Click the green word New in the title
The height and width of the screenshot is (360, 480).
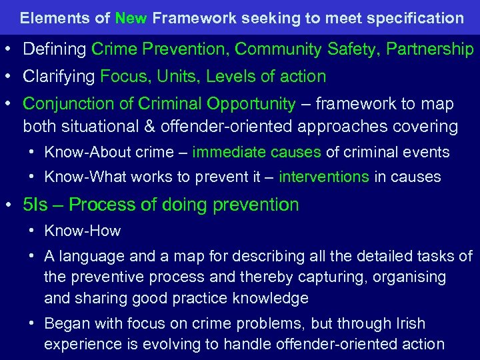tap(131, 18)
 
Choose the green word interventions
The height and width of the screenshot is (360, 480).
tap(323, 177)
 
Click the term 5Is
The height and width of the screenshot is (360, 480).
tap(35, 205)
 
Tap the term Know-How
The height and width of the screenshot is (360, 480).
tap(83, 231)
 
